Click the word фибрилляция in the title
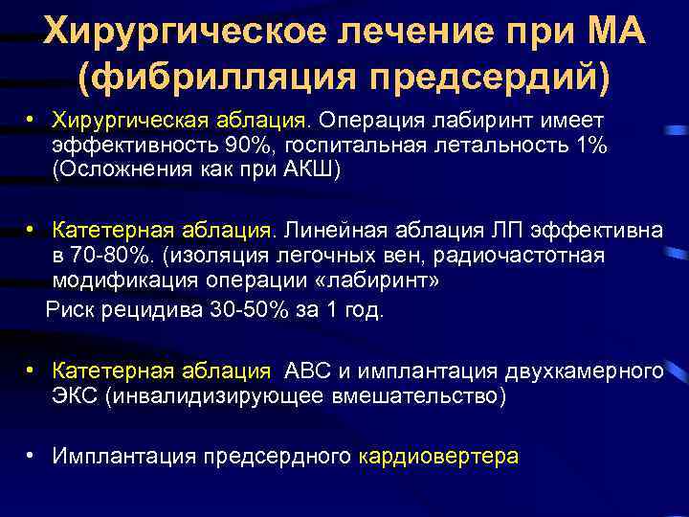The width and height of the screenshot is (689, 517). tap(211, 77)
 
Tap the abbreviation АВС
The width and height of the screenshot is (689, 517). tap(304, 371)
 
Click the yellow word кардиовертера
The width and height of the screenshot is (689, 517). tap(438, 456)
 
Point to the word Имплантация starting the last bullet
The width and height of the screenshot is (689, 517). tap(118, 456)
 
